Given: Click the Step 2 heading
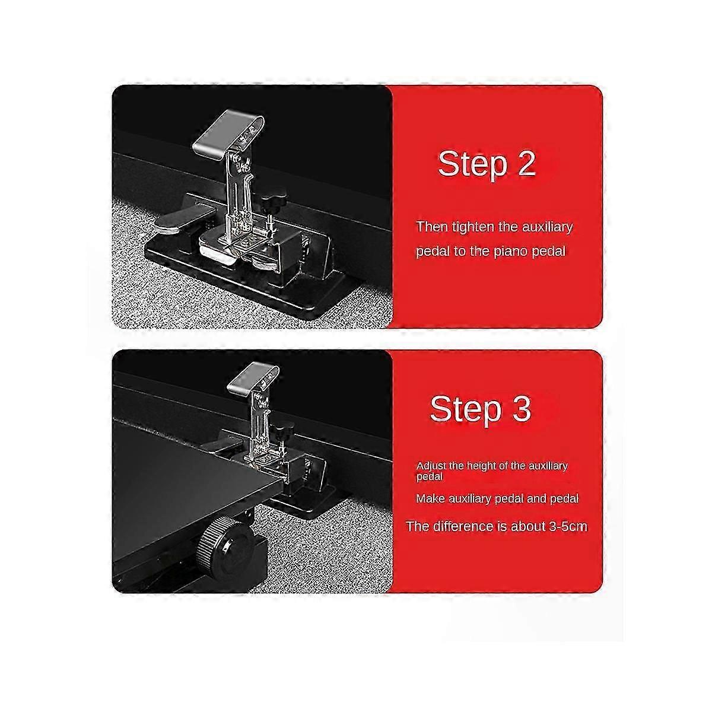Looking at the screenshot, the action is coord(487,164).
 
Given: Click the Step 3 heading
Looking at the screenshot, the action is coord(481,409).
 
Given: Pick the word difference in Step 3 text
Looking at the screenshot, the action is coord(462,526).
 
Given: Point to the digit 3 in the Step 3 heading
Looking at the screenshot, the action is coord(520,408).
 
